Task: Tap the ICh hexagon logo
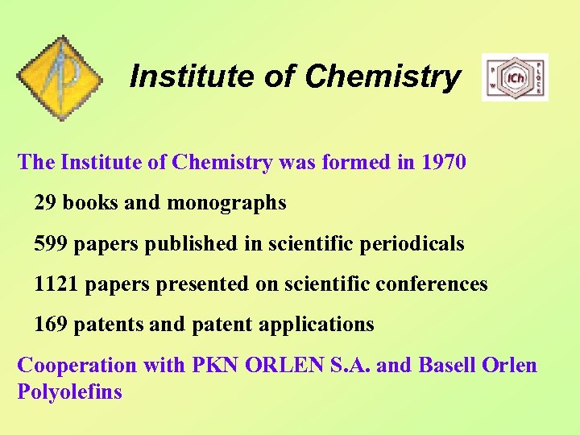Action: [515, 78]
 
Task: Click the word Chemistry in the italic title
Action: [383, 77]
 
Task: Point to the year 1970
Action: [443, 162]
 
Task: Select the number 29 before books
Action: [45, 203]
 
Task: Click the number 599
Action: [50, 243]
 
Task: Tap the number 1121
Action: [56, 284]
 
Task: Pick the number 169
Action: [50, 325]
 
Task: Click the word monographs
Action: [226, 203]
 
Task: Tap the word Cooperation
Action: [77, 365]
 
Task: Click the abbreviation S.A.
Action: [349, 365]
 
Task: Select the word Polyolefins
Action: [69, 392]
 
